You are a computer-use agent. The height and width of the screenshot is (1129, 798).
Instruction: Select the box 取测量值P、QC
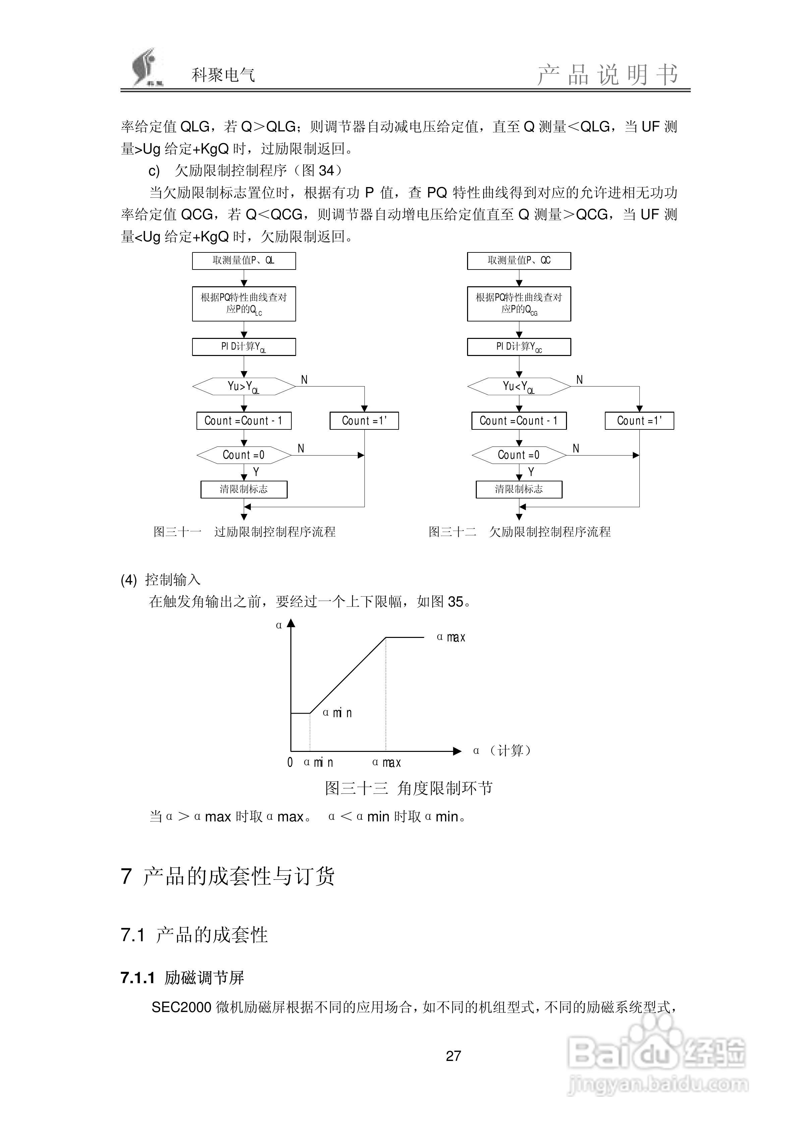click(x=519, y=260)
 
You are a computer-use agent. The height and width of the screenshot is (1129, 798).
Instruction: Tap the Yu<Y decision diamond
click(x=519, y=387)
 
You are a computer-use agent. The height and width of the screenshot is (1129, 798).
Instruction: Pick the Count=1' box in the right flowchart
click(x=639, y=421)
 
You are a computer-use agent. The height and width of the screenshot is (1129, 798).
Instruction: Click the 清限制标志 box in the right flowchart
click(x=519, y=489)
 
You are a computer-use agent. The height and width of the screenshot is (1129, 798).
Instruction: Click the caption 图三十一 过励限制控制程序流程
click(x=244, y=532)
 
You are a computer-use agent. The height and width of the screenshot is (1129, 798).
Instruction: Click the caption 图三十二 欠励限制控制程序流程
click(x=519, y=532)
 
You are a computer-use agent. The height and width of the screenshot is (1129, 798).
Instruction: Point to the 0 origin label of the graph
click(x=290, y=763)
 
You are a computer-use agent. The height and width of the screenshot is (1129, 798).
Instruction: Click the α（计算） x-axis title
click(x=502, y=751)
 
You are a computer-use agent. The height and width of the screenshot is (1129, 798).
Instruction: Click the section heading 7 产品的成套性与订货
click(x=228, y=877)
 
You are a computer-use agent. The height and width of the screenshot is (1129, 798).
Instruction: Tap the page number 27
click(x=453, y=1056)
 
